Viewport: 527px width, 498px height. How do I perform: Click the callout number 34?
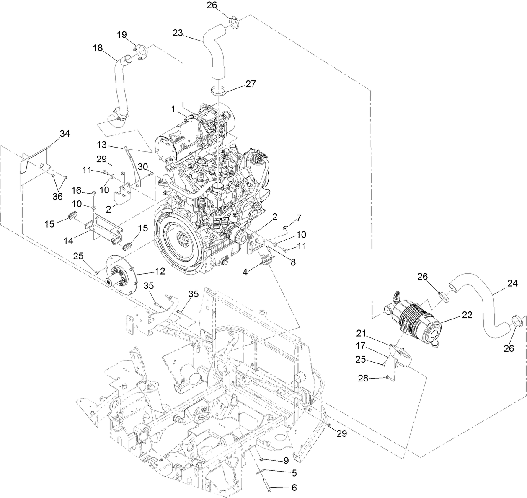65,134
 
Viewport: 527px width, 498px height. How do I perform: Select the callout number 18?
98,48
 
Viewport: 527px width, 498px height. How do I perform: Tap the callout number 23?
178,32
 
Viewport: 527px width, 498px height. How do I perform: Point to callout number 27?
251,84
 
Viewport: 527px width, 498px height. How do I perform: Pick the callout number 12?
160,271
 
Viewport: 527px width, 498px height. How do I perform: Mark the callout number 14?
69,241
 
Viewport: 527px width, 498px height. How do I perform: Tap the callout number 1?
173,109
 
